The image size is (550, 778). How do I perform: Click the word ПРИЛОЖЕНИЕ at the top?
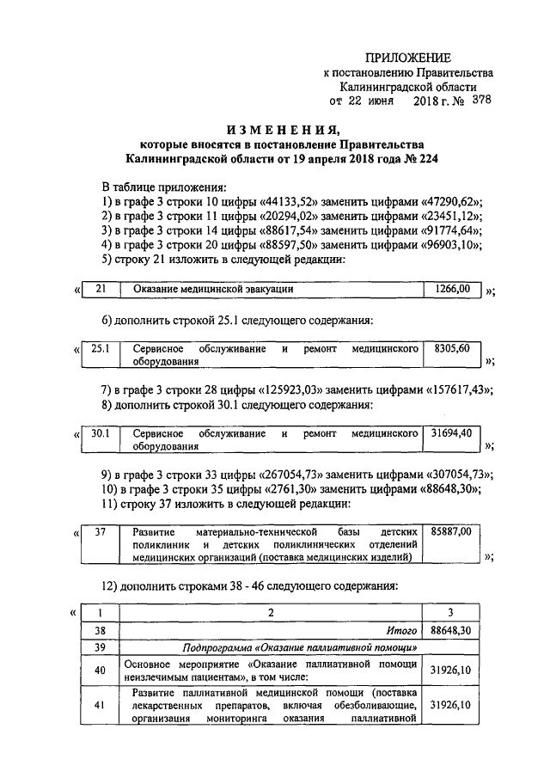click(408, 58)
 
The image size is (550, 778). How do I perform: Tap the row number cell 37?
click(100, 533)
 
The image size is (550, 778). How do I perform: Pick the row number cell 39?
click(100, 647)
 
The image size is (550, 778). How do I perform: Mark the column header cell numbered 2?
click(270, 612)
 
